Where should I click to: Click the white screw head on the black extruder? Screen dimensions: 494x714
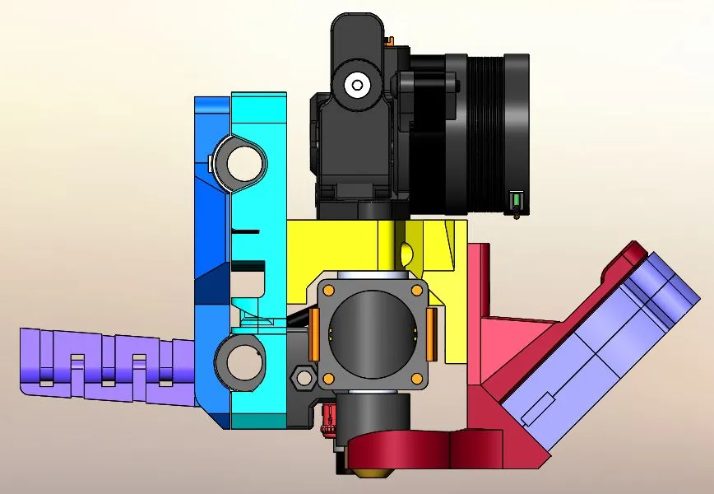tap(357, 83)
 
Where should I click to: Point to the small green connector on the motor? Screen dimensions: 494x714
tap(517, 200)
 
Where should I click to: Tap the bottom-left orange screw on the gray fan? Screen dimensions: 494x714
tap(327, 378)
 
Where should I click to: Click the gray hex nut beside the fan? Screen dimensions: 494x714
tap(302, 377)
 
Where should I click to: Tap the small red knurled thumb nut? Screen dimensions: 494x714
tap(331, 419)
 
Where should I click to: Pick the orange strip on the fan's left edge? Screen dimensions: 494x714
tap(314, 333)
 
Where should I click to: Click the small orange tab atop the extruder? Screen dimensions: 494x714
tap(392, 40)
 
